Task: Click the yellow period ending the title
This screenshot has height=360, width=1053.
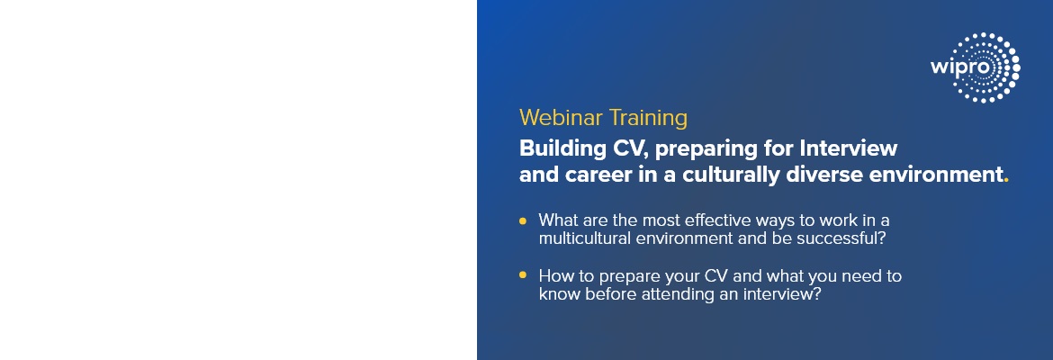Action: [x=1005, y=181]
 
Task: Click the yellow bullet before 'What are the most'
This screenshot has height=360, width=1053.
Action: [x=523, y=220]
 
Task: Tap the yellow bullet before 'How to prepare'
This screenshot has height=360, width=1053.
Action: [x=523, y=274]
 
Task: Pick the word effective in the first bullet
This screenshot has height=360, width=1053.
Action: [x=718, y=220]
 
